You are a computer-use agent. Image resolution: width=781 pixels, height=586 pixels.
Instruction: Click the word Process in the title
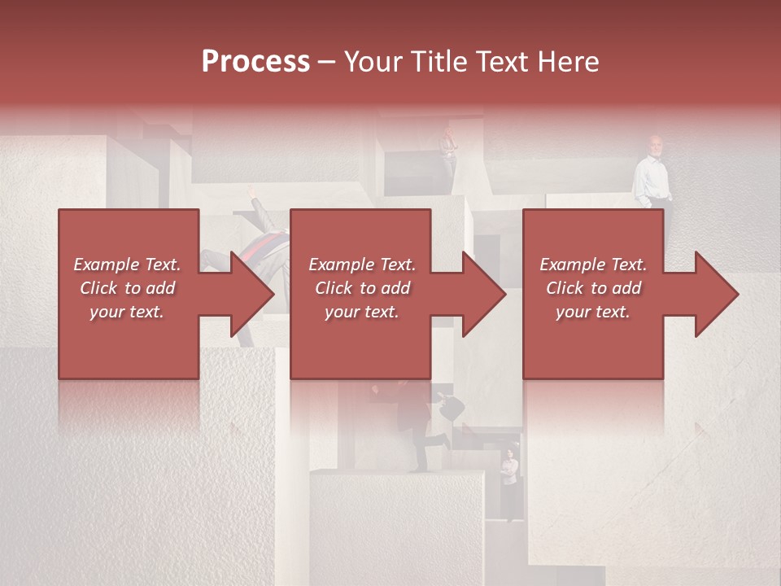tap(255, 62)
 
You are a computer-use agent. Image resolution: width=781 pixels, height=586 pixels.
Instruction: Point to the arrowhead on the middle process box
tap(483, 294)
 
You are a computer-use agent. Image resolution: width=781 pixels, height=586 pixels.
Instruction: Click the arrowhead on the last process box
tap(716, 294)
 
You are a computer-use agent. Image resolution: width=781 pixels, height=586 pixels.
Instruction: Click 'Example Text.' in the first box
tap(127, 265)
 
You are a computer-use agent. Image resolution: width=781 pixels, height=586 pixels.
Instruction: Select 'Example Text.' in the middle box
tap(362, 265)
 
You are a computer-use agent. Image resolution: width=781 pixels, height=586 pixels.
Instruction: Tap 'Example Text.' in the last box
tap(593, 265)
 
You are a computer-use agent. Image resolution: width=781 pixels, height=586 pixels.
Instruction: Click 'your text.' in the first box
tap(127, 312)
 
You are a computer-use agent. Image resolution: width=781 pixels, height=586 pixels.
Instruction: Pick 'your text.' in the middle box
tap(362, 312)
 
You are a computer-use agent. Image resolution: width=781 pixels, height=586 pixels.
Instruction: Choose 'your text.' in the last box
tap(593, 312)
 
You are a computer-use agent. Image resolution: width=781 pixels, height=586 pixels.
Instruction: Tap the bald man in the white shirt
tap(652, 175)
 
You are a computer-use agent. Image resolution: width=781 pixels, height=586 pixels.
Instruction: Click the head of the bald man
tap(656, 143)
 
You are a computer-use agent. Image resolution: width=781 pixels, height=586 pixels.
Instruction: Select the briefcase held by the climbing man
tap(451, 406)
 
